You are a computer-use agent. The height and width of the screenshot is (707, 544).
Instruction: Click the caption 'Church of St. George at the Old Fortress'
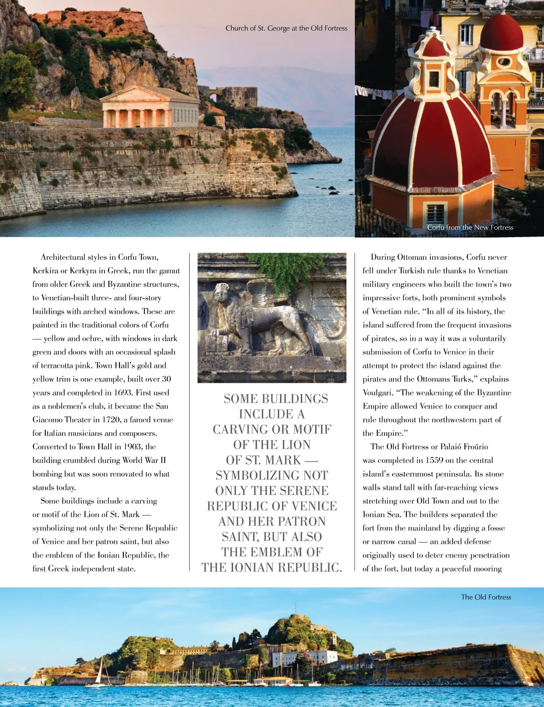click(x=286, y=28)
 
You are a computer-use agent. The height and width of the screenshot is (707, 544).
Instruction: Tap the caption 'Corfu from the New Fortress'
click(x=470, y=228)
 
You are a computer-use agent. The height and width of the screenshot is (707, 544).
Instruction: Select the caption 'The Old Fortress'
click(x=486, y=597)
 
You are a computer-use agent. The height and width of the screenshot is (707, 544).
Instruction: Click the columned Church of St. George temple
click(x=149, y=107)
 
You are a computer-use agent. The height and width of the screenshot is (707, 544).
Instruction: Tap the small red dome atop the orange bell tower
click(x=501, y=33)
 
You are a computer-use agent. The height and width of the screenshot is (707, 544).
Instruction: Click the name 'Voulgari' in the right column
click(x=378, y=393)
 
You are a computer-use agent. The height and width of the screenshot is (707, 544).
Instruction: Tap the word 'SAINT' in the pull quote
click(x=241, y=536)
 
